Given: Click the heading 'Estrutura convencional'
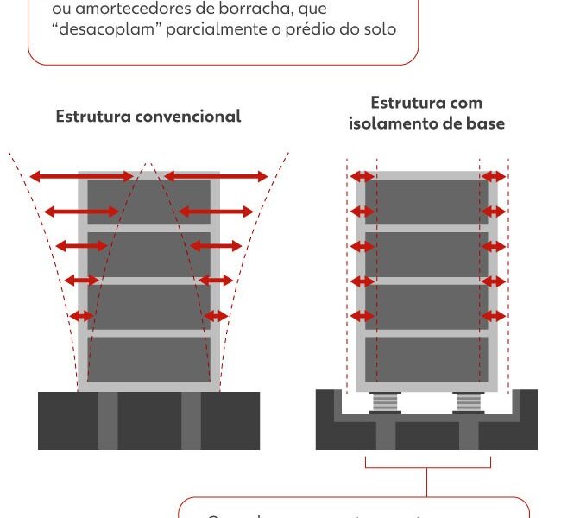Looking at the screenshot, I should coord(148,116).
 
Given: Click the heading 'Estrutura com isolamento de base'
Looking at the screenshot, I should coord(426,113).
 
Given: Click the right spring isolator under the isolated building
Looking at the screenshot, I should coord(469,401).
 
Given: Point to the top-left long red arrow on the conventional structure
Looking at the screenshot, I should coord(81,177).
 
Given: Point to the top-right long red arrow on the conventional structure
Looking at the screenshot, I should coord(216,177).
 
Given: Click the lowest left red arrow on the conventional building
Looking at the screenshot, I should coord(81,316).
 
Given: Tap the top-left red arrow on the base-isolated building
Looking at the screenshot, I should coord(362,177).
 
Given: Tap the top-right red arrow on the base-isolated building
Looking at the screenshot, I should coord(494,177).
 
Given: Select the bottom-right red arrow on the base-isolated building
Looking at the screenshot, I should coord(494,316).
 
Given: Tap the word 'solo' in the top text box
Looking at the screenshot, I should coord(379,29).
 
